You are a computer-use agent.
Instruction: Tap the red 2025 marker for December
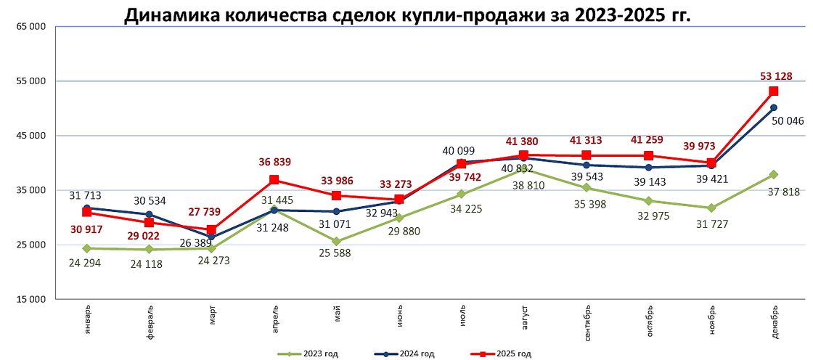pos(774,91)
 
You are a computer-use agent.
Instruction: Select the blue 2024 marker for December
pos(774,107)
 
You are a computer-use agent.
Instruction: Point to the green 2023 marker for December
pos(774,174)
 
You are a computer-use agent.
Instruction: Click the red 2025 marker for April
pos(274,179)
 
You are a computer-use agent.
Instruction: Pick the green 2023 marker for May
pos(336,241)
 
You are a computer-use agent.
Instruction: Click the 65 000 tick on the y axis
pos(30,27)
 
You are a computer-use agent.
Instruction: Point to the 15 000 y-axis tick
pos(30,299)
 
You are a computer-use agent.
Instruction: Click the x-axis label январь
pos(87,318)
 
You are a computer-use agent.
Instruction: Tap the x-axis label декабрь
pos(774,319)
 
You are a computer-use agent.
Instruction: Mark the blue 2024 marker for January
pos(86,208)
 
